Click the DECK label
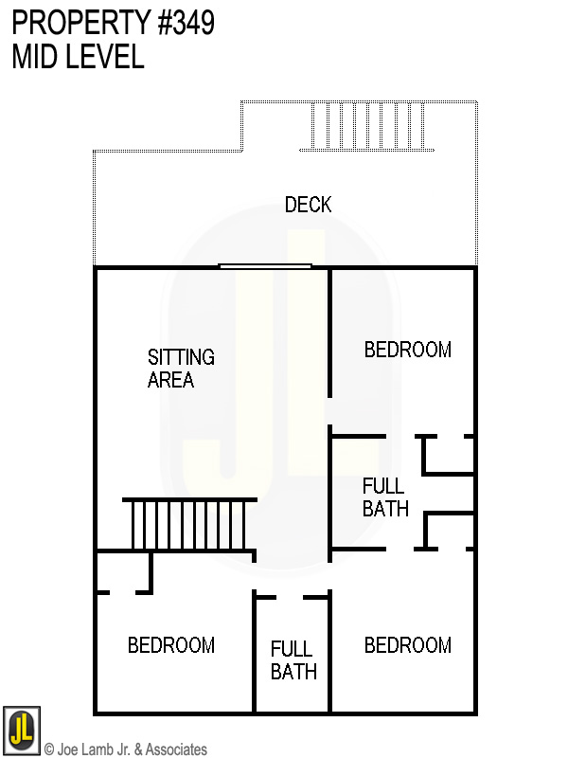(308, 205)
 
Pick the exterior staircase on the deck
(366, 126)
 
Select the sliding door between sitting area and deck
(265, 266)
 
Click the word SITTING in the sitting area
(181, 357)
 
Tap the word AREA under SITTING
(170, 380)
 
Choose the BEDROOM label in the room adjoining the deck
(407, 350)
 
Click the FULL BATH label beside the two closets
(385, 497)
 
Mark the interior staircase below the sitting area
(189, 524)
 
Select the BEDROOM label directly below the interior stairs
(171, 645)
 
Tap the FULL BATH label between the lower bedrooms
(293, 660)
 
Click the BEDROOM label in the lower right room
(407, 645)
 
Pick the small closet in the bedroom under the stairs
(123, 571)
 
